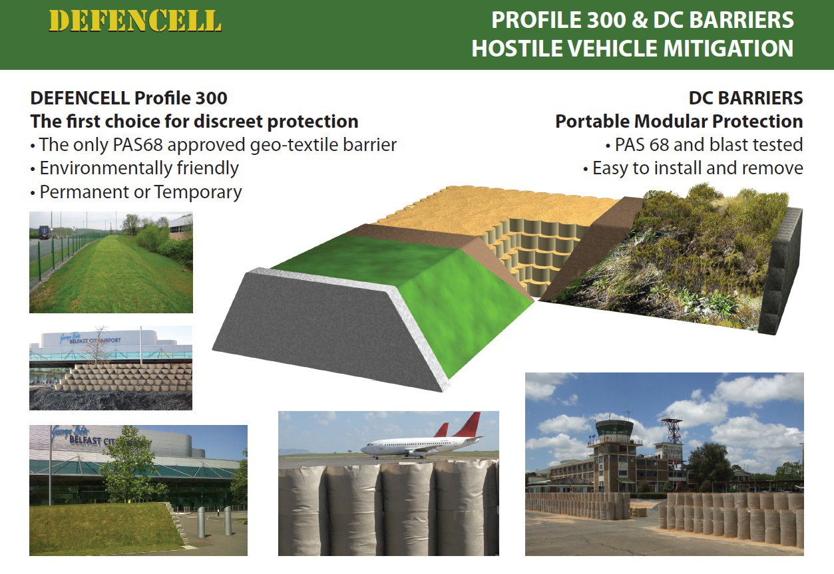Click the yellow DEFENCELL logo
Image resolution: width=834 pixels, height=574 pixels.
[x=135, y=21]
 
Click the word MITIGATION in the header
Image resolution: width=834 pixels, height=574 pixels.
[x=728, y=49]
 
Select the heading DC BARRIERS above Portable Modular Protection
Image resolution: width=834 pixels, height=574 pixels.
[x=745, y=98]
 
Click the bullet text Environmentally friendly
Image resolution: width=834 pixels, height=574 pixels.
[x=139, y=168]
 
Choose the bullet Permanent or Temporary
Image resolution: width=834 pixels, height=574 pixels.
[x=140, y=192]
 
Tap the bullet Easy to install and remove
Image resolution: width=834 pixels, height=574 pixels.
[x=698, y=168]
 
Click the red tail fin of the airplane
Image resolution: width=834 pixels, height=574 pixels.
[x=469, y=424]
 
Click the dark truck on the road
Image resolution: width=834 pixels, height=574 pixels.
[x=44, y=232]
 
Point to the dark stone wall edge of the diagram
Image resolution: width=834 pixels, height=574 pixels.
[x=780, y=271]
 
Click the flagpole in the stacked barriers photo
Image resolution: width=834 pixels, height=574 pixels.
[x=141, y=345]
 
